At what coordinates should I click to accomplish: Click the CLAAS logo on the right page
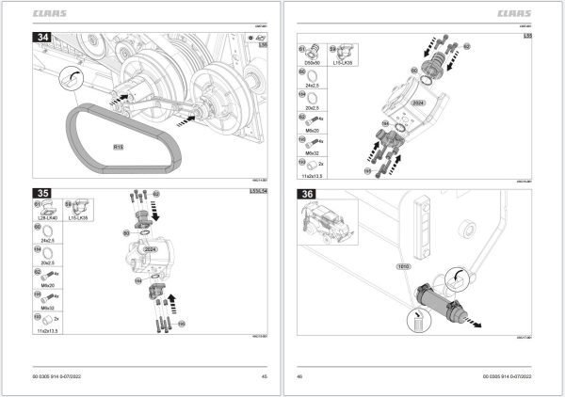pyautogui.click(x=512, y=14)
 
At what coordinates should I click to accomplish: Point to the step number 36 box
pyautogui.click(x=307, y=195)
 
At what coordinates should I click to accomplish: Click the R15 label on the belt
pyautogui.click(x=118, y=148)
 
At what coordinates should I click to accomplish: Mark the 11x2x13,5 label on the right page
pyautogui.click(x=307, y=176)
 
